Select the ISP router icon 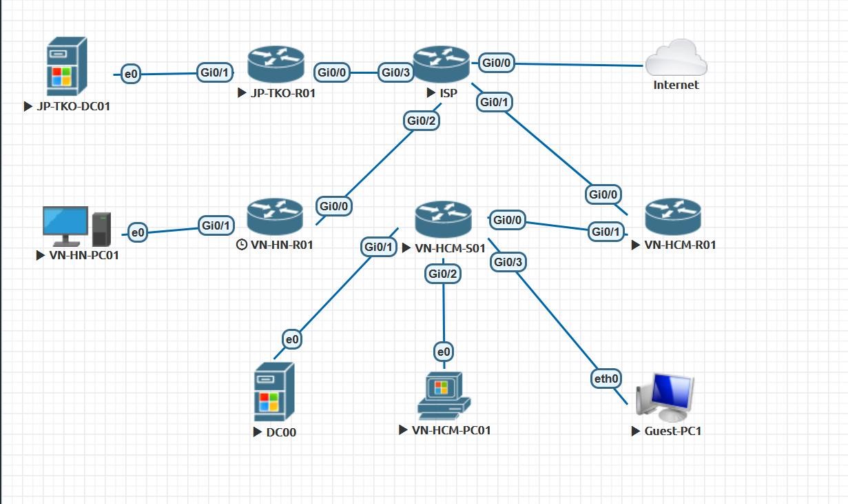[x=441, y=63]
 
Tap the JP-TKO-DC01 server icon [x=68, y=66]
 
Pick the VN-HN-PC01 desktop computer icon [x=76, y=226]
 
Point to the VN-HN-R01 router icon [x=274, y=215]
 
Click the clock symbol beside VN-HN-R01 [x=241, y=244]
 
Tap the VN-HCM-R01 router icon [x=672, y=216]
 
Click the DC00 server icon [x=274, y=392]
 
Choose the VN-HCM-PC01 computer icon [x=444, y=395]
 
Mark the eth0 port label [x=607, y=378]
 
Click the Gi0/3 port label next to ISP [x=396, y=72]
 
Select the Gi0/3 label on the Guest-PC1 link [x=508, y=262]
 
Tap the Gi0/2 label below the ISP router [x=422, y=121]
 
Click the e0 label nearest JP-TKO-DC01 [x=130, y=73]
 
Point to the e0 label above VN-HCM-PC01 [x=444, y=352]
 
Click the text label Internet [x=676, y=85]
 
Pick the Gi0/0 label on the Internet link [x=497, y=63]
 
